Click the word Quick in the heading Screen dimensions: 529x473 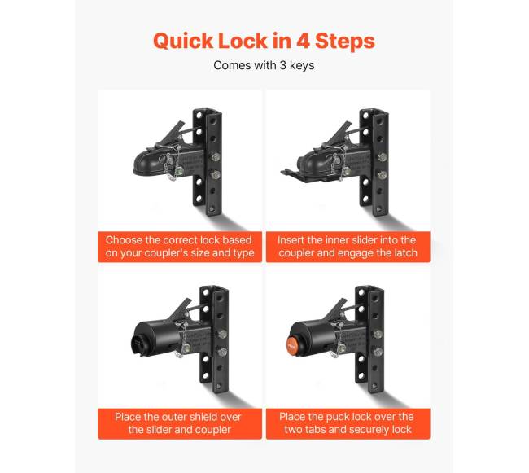(x=183, y=42)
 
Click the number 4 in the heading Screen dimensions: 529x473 (x=303, y=41)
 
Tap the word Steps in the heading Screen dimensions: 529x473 (x=345, y=42)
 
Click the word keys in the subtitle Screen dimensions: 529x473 (x=302, y=65)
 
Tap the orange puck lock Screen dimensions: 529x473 (x=292, y=344)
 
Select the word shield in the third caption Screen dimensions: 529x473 (x=199, y=417)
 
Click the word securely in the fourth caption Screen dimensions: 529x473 (x=371, y=430)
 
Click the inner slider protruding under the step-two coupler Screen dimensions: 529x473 (x=290, y=173)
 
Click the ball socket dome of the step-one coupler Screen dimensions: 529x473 (x=145, y=164)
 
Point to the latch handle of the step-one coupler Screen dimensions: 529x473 (x=172, y=134)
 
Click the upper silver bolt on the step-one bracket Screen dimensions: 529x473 (x=215, y=156)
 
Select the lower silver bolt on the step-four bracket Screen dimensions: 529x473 (x=378, y=352)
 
